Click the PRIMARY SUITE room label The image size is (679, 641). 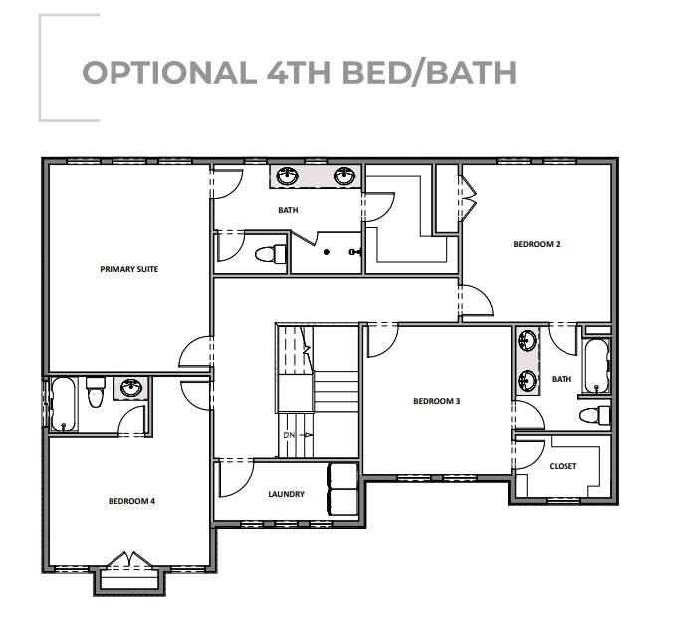point(129,269)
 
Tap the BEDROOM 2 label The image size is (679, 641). point(537,244)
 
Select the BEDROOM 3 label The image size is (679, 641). point(437,401)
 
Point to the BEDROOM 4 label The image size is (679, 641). point(131,501)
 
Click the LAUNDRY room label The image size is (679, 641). point(287,494)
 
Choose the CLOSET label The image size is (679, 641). point(563,466)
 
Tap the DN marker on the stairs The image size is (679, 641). point(289,435)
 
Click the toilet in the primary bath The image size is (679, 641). point(271,254)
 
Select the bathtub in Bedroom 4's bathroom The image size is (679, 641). point(64,404)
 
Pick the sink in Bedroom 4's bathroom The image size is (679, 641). point(130,388)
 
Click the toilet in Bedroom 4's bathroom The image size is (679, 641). point(96,392)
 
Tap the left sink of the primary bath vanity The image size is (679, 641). point(287,176)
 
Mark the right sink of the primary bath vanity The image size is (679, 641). point(344,176)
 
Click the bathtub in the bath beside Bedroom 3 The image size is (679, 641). point(596,366)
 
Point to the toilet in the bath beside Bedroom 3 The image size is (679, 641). point(595,415)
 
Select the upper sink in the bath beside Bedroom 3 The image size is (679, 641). point(527,341)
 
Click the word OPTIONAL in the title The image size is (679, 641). point(168,72)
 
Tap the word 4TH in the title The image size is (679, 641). point(299,73)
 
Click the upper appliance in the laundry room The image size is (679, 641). point(342,476)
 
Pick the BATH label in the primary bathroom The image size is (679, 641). point(288,210)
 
